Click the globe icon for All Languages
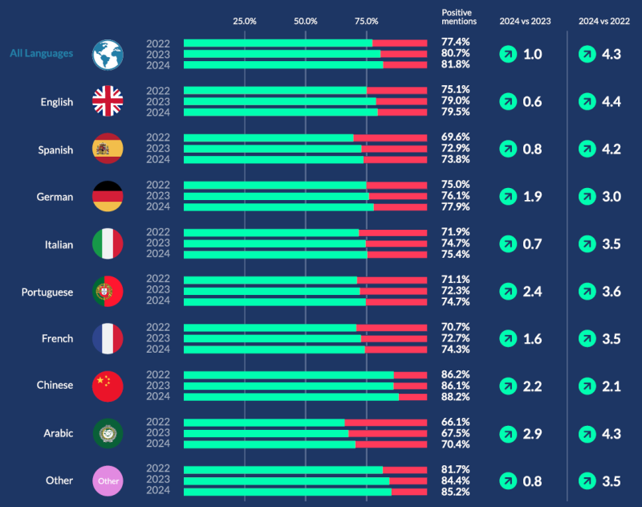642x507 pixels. click(x=107, y=54)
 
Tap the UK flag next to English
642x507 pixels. click(x=107, y=101)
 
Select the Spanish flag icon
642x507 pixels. click(x=107, y=149)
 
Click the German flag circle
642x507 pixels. click(x=107, y=196)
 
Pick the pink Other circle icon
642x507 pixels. click(x=107, y=480)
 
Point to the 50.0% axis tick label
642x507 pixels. click(x=305, y=21)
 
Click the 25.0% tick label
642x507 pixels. click(x=244, y=21)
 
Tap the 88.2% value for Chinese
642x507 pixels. click(x=455, y=396)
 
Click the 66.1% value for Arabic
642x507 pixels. click(x=455, y=422)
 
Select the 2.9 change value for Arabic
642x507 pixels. click(x=532, y=434)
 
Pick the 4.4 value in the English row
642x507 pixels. click(x=612, y=102)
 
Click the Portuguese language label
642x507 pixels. click(x=47, y=292)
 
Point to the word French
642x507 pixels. click(x=57, y=338)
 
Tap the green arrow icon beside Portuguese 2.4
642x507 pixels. click(x=507, y=292)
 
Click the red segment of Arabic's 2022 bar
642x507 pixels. click(x=385, y=422)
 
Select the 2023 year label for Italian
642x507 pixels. click(x=158, y=243)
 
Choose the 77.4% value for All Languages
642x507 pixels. click(x=455, y=41)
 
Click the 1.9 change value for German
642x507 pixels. click(x=532, y=197)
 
